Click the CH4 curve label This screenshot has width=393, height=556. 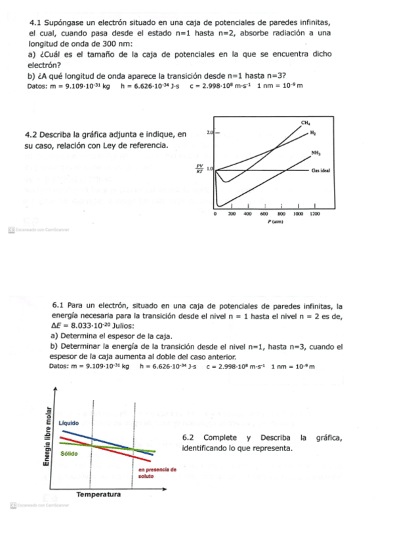click(306, 123)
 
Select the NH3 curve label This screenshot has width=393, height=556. click(316, 153)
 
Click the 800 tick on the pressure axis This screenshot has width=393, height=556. click(281, 214)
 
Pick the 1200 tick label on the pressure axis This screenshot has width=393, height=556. click(315, 214)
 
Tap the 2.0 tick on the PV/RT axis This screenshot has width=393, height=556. click(211, 132)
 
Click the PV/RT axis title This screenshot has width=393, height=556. click(201, 169)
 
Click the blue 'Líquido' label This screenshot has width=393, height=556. click(68, 424)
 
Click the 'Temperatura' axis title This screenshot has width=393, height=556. click(98, 494)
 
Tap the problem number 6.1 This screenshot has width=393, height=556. click(58, 306)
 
